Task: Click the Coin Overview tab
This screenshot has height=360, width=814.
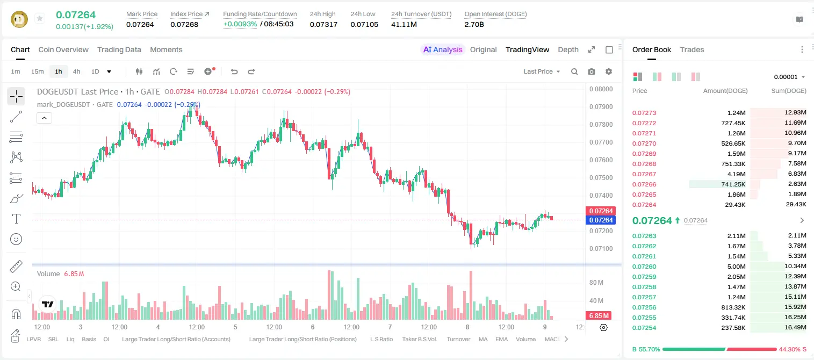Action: [63, 49]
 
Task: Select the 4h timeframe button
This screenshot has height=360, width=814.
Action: [76, 71]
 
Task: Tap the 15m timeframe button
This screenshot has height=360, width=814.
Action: [37, 71]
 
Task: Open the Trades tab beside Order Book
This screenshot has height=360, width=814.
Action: [692, 49]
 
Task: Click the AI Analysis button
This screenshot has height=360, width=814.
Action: [443, 49]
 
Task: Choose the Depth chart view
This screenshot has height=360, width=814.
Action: [568, 49]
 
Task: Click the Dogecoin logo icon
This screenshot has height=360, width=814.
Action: [19, 19]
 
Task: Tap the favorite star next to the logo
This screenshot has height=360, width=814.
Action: [40, 18]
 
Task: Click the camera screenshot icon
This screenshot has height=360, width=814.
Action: [592, 71]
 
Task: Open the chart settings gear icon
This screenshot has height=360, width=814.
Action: [609, 71]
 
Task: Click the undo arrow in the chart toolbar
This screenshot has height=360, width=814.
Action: [234, 71]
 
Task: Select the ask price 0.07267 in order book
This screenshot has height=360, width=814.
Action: [644, 174]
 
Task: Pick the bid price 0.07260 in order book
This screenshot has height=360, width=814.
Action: [644, 267]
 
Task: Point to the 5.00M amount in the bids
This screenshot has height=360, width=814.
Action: [736, 267]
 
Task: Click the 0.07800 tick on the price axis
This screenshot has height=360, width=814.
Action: [601, 124]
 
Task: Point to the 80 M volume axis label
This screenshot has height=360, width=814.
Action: [596, 282]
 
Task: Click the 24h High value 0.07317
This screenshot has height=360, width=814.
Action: [323, 24]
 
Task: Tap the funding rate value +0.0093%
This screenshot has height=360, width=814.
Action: [240, 24]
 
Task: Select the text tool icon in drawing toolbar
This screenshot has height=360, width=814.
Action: [16, 219]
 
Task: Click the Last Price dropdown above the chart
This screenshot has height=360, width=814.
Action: [542, 71]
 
